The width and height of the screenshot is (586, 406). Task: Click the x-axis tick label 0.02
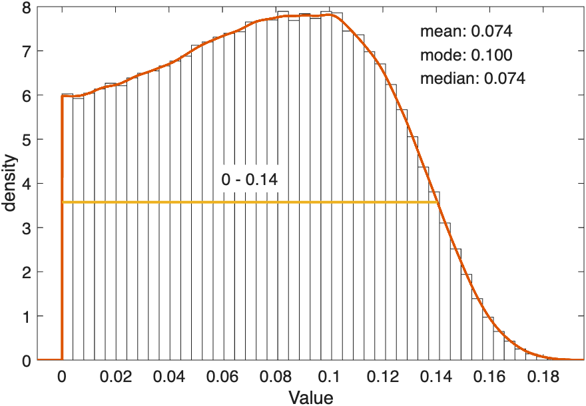click(115, 377)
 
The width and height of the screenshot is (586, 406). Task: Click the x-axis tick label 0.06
click(222, 377)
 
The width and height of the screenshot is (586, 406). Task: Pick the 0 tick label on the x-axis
click(62, 377)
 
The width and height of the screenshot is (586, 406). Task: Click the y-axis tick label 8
click(25, 7)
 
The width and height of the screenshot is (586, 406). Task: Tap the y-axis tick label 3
click(25, 228)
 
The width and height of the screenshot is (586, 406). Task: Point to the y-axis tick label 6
click(25, 96)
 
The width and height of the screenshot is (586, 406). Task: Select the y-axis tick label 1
click(25, 317)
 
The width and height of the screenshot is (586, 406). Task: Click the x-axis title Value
click(310, 397)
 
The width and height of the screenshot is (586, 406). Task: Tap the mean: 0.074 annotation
click(466, 31)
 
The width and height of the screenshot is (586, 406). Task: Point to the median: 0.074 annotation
click(473, 79)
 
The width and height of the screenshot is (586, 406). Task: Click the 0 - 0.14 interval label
click(250, 180)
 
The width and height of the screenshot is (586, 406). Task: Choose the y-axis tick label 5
click(25, 140)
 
